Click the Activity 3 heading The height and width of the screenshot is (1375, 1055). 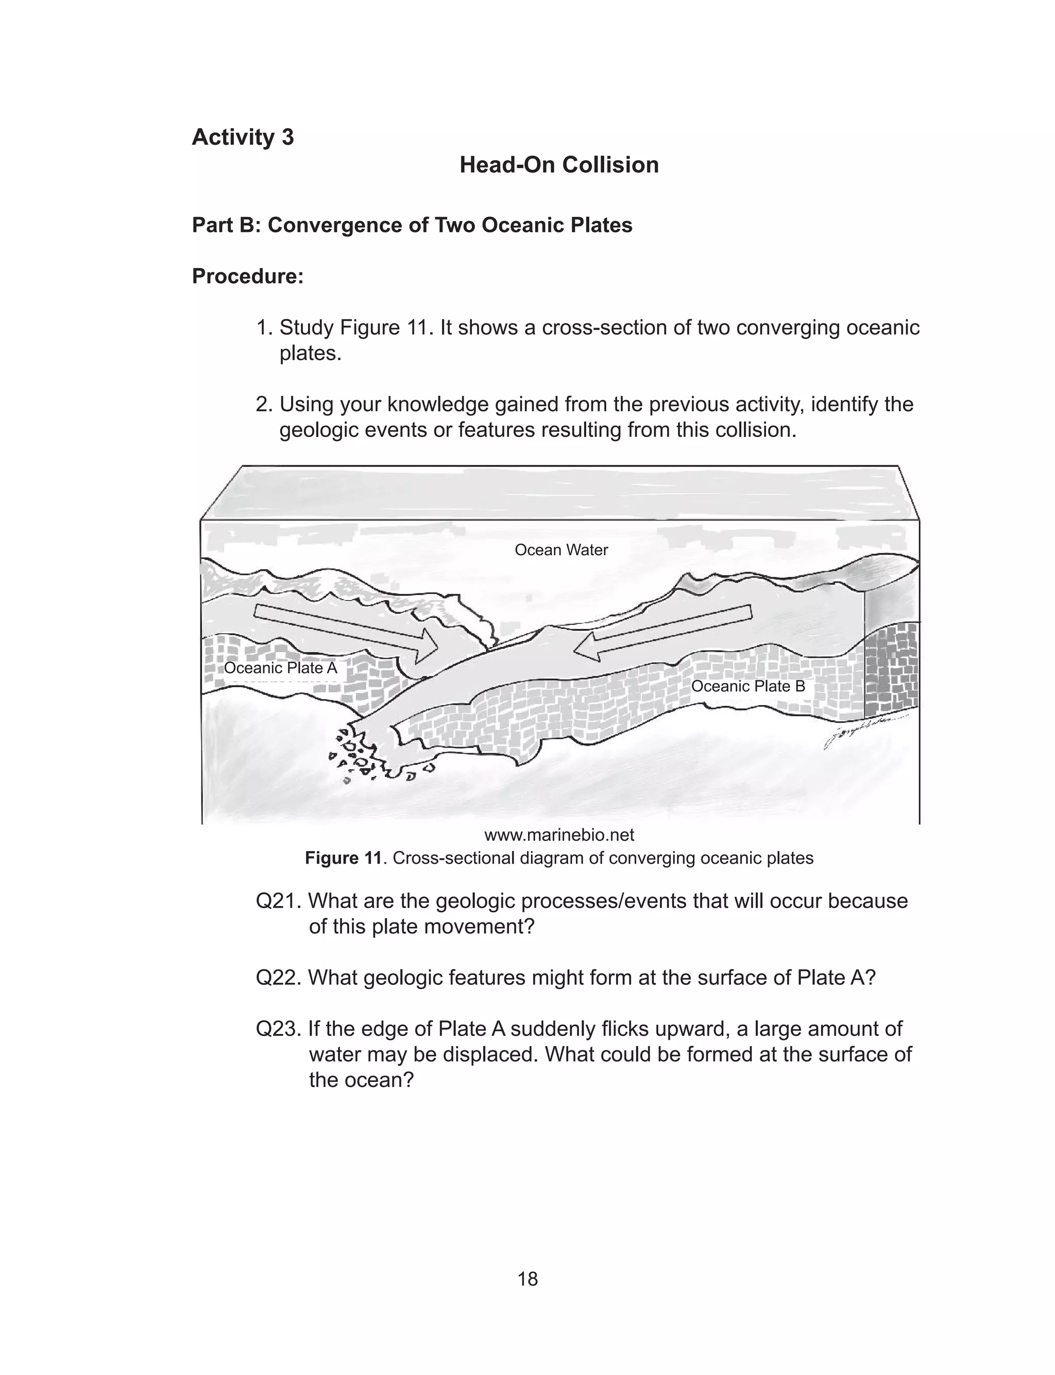click(x=243, y=137)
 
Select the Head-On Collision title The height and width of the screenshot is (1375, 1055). click(x=559, y=165)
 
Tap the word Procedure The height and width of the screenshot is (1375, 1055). click(x=247, y=276)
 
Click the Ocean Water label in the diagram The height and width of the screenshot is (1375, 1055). click(x=561, y=550)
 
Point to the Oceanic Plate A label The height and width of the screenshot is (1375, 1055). click(x=280, y=668)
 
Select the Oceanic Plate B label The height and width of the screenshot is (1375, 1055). click(x=747, y=686)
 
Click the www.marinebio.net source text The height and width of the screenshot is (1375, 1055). click(x=559, y=835)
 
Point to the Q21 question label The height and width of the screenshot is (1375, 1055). click(x=279, y=901)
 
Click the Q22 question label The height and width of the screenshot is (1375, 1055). click(x=279, y=978)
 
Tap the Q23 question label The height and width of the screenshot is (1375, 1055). click(x=279, y=1029)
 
